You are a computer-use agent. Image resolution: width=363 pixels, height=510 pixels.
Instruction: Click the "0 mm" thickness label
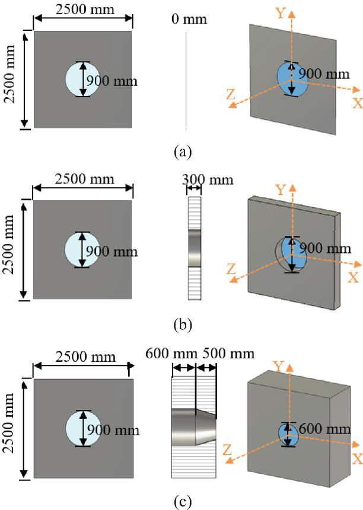pos(189,20)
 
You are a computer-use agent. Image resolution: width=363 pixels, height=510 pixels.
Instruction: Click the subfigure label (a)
pos(182,152)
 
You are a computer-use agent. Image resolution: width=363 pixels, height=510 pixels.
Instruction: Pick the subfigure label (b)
pos(182,325)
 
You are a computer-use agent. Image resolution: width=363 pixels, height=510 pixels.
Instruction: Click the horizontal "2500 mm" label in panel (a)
pos(82,10)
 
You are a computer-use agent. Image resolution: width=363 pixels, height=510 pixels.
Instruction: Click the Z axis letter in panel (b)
pos(231,269)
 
